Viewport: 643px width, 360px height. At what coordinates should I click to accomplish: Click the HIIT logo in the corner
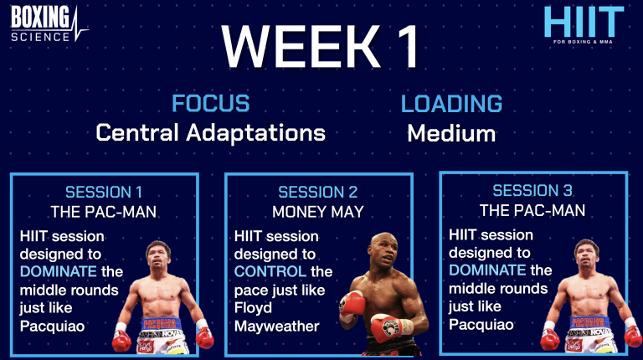pos(584,24)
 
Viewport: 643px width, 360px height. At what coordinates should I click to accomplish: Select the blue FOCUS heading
pos(210,104)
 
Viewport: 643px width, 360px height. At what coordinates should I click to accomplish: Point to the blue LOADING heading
pos(451,104)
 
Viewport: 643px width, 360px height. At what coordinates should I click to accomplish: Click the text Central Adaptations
pos(210,132)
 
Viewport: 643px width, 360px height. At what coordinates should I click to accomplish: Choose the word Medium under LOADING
pos(451,133)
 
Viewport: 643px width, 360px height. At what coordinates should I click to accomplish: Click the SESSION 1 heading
pos(104,191)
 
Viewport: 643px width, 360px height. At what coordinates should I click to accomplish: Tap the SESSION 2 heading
pos(317,193)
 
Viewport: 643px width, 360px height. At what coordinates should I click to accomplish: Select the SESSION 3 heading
pos(532,190)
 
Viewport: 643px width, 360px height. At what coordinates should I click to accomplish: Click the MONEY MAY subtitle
pos(317,212)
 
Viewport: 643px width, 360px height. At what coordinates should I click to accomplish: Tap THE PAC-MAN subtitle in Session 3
pos(532,209)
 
